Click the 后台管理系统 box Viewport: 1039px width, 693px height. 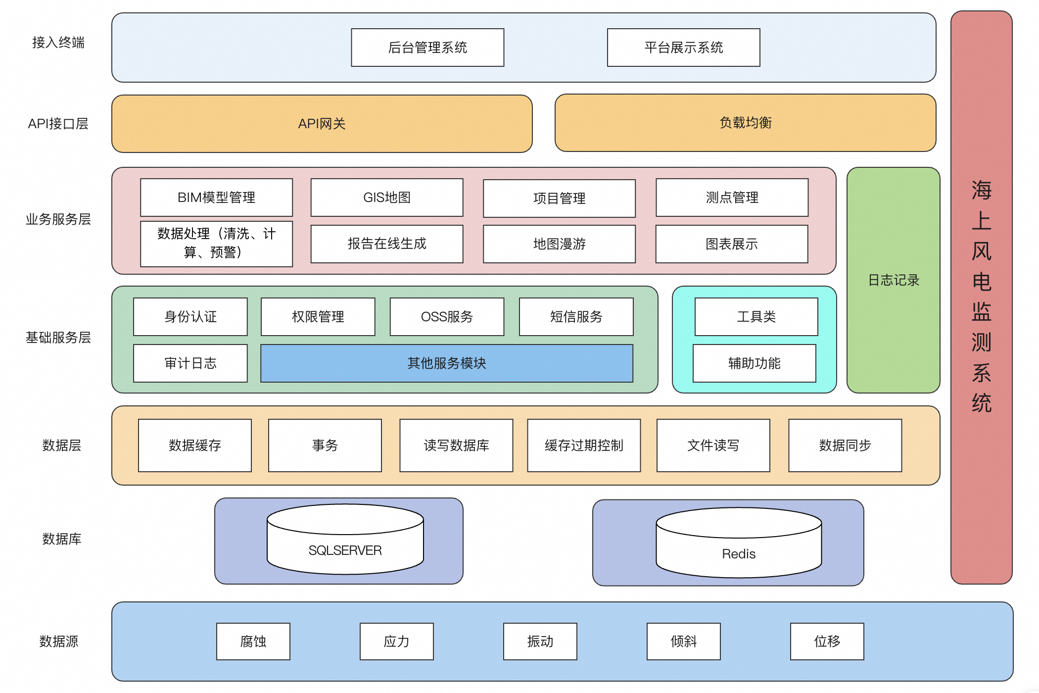click(x=427, y=48)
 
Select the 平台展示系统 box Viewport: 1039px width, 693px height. click(x=683, y=48)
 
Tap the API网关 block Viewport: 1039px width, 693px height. click(x=322, y=124)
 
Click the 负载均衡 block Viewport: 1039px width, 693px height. click(x=745, y=123)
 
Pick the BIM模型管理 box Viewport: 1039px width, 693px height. click(x=216, y=198)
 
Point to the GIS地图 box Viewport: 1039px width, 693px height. click(x=387, y=198)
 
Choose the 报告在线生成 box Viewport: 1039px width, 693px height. click(x=387, y=244)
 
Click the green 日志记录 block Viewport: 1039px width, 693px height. click(x=893, y=280)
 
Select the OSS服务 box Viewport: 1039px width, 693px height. click(x=447, y=317)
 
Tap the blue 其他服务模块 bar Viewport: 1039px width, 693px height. click(x=447, y=363)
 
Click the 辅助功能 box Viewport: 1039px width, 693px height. click(x=754, y=363)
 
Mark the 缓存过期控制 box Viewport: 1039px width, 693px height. click(x=584, y=445)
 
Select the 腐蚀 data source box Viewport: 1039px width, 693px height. click(x=253, y=642)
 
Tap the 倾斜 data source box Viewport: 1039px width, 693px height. click(x=683, y=642)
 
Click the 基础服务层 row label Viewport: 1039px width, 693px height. click(x=58, y=338)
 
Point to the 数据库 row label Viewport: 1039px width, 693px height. click(x=62, y=539)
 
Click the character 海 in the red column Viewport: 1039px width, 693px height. click(x=981, y=191)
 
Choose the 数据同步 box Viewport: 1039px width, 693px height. click(x=845, y=445)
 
